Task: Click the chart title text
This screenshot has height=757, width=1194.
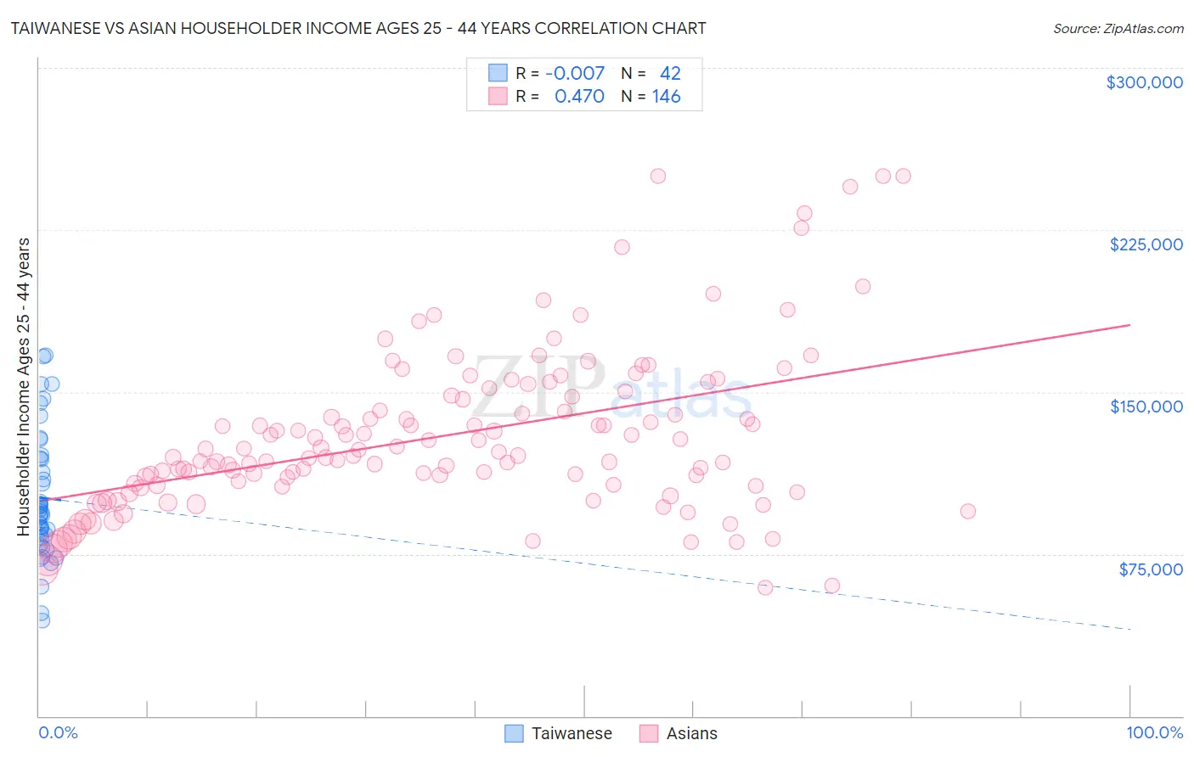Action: pos(358,29)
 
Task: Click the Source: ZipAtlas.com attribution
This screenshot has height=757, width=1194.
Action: pos(1118,29)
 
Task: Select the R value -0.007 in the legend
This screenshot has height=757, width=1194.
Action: pos(575,74)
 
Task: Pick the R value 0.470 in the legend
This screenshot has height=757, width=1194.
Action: pos(579,97)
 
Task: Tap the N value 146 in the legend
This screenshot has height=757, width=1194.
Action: pos(666,97)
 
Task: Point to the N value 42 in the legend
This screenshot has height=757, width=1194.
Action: pos(670,74)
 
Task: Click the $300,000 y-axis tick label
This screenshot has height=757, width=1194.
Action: pos(1144,82)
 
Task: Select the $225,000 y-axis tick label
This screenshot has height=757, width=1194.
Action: pos(1146,244)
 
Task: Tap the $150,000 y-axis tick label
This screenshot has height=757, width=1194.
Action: pos(1146,407)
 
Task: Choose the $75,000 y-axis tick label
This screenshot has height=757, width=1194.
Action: pos(1150,569)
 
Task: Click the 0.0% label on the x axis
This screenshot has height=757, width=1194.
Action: pos(58,732)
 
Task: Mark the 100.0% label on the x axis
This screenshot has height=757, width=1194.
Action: pos(1154,732)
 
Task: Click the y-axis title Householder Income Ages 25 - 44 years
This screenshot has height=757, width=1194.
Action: pos(24,387)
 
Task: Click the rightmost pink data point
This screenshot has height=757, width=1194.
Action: pos(967,511)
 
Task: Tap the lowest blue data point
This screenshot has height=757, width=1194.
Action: pos(42,620)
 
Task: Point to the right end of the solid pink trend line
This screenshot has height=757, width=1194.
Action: pos(1129,325)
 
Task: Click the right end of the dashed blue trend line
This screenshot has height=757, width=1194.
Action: pos(1129,629)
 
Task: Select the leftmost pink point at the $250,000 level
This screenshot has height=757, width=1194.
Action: pos(657,177)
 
